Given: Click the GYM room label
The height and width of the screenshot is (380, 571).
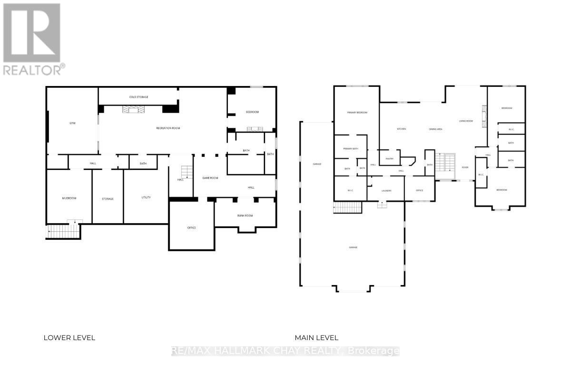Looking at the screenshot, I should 72,123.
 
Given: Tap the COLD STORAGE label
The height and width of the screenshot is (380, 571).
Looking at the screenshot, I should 139,97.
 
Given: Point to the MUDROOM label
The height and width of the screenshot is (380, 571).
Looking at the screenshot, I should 69,198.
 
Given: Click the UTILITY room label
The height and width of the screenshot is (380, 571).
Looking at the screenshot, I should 146,198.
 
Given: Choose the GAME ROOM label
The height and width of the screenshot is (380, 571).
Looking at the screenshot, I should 210,178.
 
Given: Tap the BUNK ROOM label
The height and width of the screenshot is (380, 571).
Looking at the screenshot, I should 245,216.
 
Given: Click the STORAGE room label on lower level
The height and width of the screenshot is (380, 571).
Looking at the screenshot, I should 108,199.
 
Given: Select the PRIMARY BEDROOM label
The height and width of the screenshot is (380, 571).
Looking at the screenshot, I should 356,113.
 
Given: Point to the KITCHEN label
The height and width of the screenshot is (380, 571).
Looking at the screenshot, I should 401,129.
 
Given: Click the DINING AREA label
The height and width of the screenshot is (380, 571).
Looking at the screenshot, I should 435,129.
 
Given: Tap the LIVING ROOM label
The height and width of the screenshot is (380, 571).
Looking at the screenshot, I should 465,121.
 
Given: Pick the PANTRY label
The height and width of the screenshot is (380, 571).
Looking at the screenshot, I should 389,159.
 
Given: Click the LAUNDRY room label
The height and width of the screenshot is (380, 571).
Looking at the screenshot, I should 386,190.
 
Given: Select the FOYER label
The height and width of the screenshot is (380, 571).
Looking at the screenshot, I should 465,167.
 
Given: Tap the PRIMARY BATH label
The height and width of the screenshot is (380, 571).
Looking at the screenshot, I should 350,149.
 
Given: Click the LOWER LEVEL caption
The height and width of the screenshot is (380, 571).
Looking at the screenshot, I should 69,338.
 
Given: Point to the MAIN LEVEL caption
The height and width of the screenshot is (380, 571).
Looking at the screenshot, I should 316,338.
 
